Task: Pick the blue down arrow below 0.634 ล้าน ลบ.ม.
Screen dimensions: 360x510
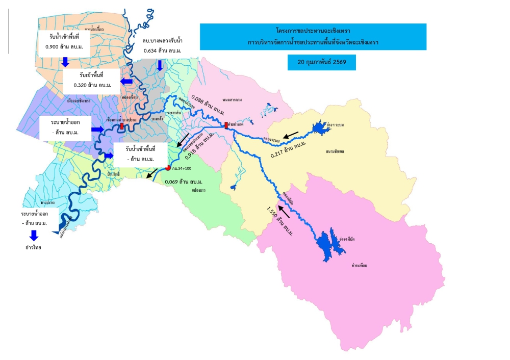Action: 160,65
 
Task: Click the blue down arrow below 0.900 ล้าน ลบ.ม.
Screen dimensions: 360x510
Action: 65,62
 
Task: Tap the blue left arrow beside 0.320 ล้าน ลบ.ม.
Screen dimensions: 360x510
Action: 125,82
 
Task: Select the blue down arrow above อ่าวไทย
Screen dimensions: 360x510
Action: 34,235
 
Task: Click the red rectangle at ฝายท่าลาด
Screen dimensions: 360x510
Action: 226,125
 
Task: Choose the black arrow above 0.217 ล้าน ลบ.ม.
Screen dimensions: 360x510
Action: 292,135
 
